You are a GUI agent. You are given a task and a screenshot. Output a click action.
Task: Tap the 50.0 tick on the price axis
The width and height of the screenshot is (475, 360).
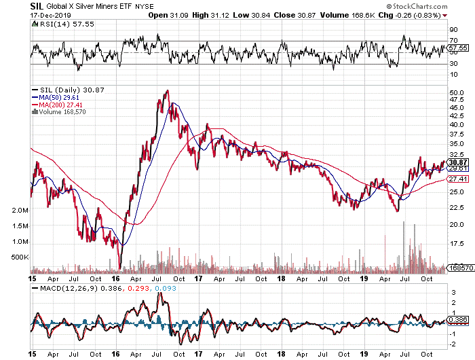click(457, 92)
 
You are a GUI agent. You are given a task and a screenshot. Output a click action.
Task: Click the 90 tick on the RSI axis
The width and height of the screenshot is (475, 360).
click(453, 29)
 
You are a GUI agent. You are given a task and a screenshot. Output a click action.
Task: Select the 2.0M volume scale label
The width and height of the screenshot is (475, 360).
click(20, 211)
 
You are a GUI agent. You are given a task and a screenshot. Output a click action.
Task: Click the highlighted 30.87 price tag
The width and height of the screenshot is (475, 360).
click(459, 162)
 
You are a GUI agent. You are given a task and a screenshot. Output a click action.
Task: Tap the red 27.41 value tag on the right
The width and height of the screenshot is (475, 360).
click(459, 179)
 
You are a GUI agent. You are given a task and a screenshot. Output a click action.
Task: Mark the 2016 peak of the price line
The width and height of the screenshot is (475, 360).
click(167, 90)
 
